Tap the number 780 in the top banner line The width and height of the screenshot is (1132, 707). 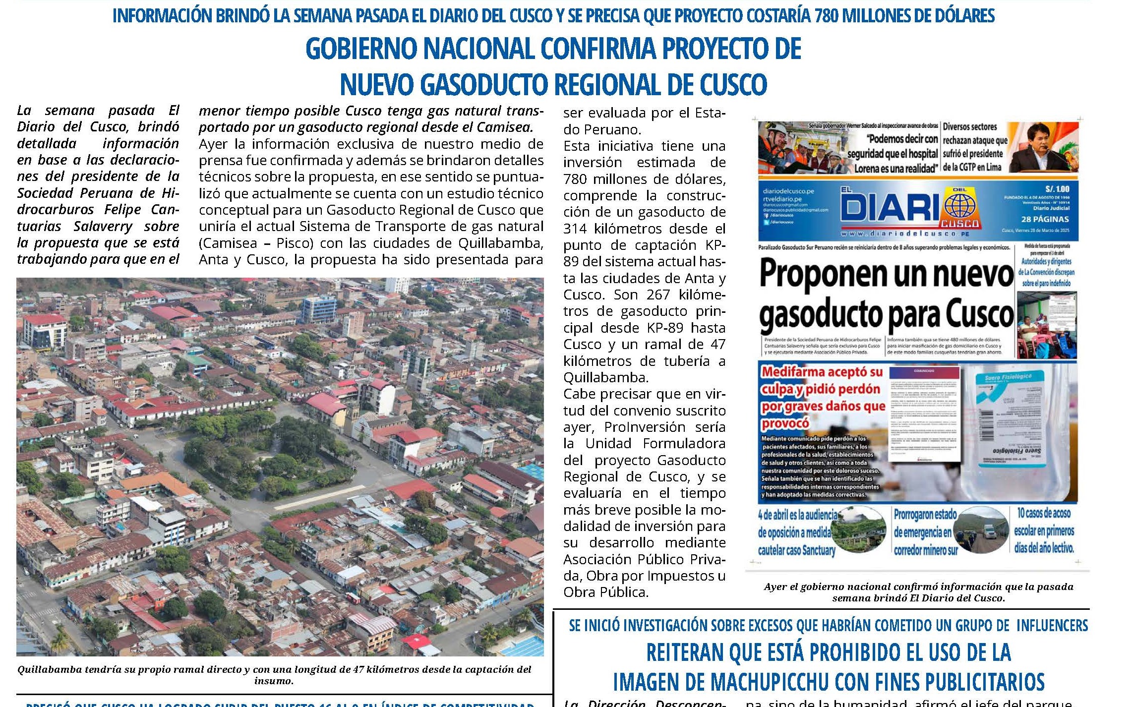(x=827, y=16)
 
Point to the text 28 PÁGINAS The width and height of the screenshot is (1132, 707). (x=1044, y=219)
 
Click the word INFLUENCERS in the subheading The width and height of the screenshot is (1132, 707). (x=1052, y=626)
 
